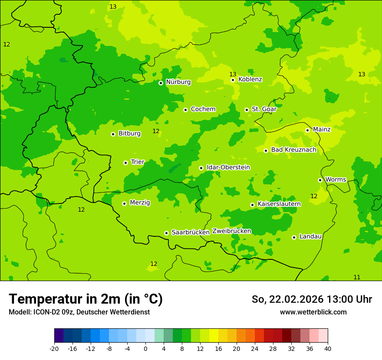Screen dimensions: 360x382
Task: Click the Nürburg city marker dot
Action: [161, 83]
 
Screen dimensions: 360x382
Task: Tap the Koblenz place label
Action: [250, 79]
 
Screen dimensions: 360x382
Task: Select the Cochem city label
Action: [203, 109]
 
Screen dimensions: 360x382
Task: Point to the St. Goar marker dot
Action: [247, 110]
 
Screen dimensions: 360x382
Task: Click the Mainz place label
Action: [322, 130]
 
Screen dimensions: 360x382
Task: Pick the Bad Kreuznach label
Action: [293, 150]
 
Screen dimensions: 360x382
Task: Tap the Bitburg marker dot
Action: [113, 134]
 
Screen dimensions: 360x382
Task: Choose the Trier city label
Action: [138, 162]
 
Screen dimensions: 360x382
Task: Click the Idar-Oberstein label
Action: [228, 167]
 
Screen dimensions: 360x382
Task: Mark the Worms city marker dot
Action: [320, 180]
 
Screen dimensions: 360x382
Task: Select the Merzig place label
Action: [140, 203]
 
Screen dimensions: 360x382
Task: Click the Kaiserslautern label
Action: [279, 204]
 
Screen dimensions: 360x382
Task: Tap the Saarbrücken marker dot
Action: [166, 233]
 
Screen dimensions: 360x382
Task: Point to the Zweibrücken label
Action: [232, 231]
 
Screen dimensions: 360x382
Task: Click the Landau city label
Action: [310, 237]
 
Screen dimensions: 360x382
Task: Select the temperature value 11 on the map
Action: [357, 278]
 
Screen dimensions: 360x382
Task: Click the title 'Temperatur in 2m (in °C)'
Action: [86, 299]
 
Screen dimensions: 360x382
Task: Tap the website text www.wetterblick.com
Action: [313, 312]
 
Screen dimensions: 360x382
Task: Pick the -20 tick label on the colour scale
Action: [54, 349]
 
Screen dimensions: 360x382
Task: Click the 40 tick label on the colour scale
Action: [328, 349]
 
